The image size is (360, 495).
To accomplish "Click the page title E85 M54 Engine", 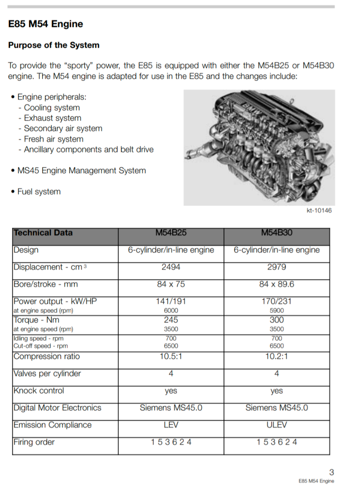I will click(46, 24).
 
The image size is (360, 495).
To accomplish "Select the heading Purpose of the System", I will click(54, 45).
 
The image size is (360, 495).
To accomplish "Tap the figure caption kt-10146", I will click(319, 211).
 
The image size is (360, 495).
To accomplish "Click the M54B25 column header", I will click(171, 233).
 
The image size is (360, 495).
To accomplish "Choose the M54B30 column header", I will click(276, 233).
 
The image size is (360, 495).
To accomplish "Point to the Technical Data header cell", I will click(43, 233).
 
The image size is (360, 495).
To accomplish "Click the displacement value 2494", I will click(171, 267).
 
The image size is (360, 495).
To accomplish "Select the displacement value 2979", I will click(276, 267).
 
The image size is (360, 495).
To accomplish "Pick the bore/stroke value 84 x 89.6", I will click(276, 284).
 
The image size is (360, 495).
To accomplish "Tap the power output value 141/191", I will click(171, 302).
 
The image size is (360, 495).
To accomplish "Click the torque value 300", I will click(276, 320).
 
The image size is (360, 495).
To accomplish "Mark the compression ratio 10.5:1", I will click(171, 357).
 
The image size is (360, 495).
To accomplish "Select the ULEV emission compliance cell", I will click(276, 425).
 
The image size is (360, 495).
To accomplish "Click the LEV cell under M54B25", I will click(171, 425).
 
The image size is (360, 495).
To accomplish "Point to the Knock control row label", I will click(39, 391).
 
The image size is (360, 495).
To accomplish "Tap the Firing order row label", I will click(34, 442).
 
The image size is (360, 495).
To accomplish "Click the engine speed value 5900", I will click(276, 311).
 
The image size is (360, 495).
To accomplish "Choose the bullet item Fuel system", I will click(39, 192).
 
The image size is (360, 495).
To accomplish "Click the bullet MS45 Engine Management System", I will click(82, 171).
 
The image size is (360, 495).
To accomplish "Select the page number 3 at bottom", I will click(331, 472).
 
